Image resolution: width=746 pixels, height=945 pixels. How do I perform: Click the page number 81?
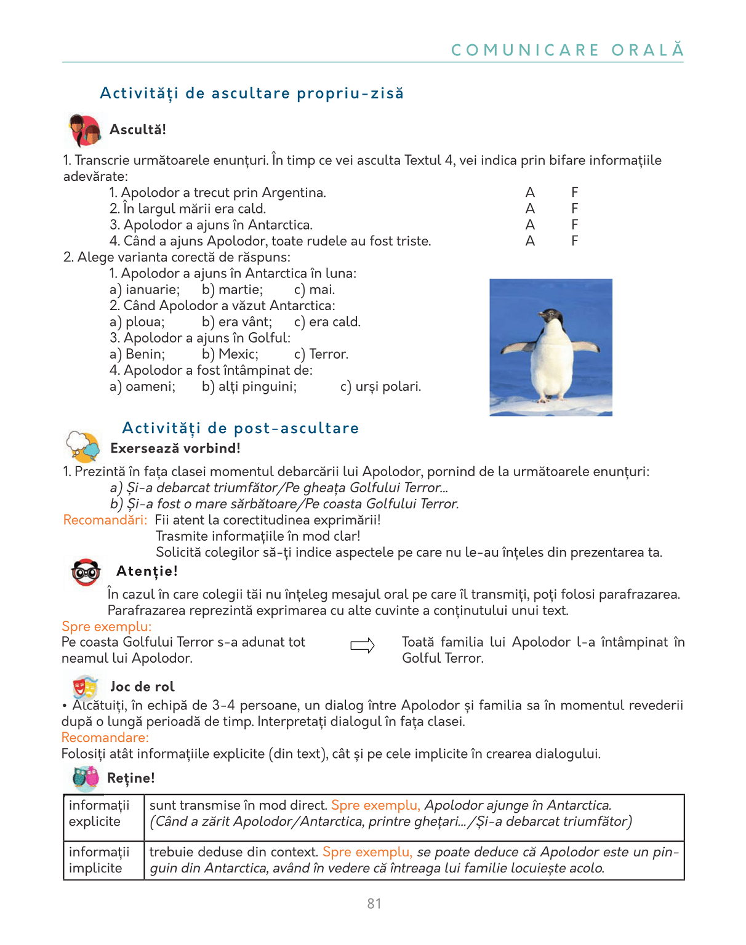click(374, 903)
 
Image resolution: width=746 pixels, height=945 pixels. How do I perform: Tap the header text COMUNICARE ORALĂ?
click(567, 50)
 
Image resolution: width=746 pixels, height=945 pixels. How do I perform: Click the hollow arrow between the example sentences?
click(363, 645)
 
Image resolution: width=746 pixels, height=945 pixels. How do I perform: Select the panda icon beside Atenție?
click(86, 572)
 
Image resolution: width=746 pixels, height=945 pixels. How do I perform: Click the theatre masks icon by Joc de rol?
click(85, 686)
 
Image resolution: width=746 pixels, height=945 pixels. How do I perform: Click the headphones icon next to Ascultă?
click(84, 130)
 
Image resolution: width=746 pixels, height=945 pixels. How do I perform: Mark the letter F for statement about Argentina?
click(574, 193)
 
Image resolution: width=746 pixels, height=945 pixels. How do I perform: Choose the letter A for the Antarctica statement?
click(530, 225)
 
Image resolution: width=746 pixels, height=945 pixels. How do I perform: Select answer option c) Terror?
click(321, 354)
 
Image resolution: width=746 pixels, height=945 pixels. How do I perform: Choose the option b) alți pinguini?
click(249, 386)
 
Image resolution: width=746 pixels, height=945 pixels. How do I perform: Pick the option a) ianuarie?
click(145, 290)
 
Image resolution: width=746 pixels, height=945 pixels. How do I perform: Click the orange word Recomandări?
click(105, 520)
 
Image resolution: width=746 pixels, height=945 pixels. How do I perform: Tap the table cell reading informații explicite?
click(100, 813)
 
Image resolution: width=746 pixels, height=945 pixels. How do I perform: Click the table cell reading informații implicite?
click(100, 859)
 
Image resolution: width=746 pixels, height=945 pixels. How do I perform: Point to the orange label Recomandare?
click(105, 737)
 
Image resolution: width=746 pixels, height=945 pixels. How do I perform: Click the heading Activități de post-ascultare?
click(240, 428)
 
